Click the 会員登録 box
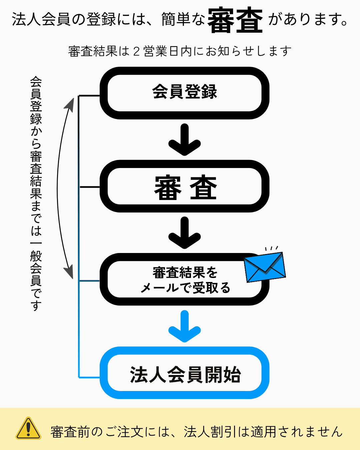pos(184,93)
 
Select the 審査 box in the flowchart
pos(184,187)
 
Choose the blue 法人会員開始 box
pos(184,373)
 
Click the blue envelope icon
pos(265,267)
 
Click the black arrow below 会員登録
pos(184,140)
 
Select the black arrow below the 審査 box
pos(184,233)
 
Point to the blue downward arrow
pos(184,327)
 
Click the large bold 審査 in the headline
pos(235,21)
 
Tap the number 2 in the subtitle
pos(136,51)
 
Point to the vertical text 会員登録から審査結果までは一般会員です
pos(36,193)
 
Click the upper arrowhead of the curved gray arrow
pos(70,103)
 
